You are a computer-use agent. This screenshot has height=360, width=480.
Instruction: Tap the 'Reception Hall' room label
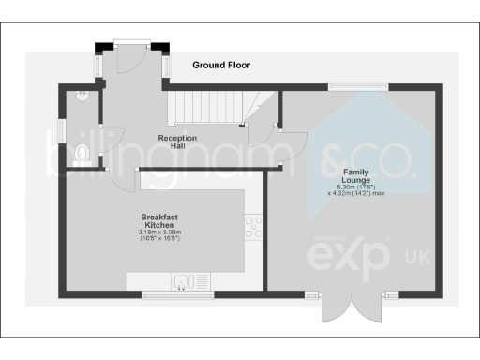click(177, 142)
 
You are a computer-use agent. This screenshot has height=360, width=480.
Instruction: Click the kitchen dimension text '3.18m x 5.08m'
click(158, 232)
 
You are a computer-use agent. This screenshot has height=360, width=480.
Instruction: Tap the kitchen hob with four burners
click(254, 225)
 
